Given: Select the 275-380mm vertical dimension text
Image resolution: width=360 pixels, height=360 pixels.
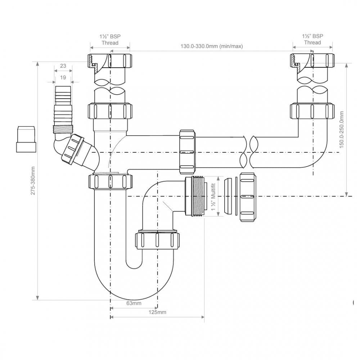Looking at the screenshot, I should point(33,180).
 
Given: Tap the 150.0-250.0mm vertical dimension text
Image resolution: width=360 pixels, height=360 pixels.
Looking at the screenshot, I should point(342,128).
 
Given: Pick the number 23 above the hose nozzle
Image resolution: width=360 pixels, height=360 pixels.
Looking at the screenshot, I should point(63,66).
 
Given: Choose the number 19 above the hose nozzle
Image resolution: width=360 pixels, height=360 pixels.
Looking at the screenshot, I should point(63,77).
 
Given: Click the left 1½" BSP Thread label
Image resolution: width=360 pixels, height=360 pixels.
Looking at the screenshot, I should point(110,39).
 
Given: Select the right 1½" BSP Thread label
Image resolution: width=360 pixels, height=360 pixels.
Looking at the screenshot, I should point(312,39).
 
